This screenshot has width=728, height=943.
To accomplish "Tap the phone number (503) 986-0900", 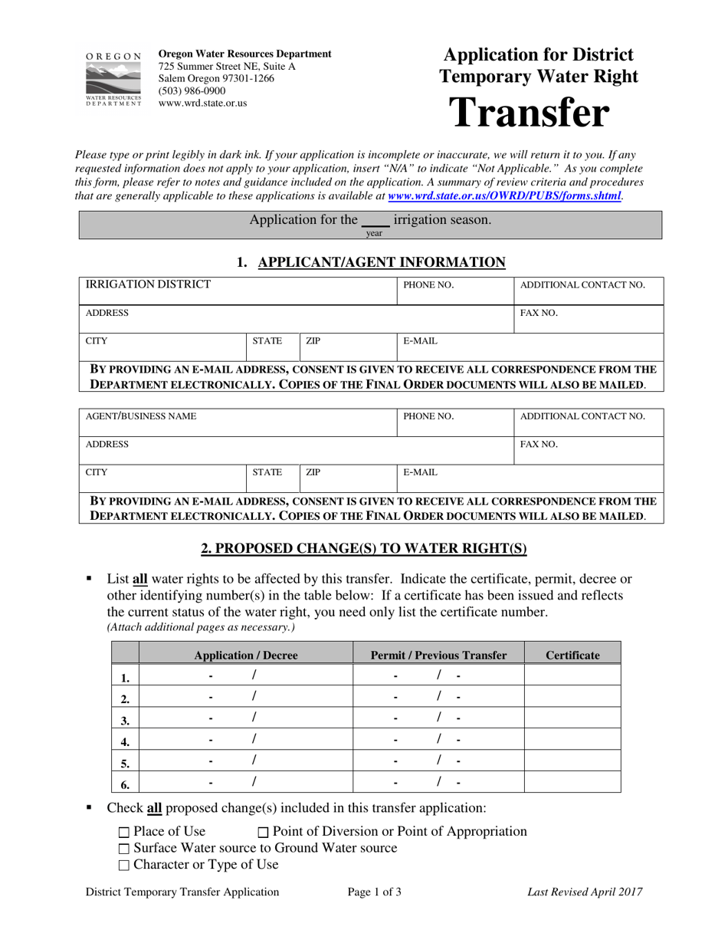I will pyautogui.click(x=192, y=90).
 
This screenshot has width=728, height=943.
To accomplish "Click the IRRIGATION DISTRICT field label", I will pyautogui.click(x=148, y=285).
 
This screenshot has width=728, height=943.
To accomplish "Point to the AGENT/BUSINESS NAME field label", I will pyautogui.click(x=140, y=416).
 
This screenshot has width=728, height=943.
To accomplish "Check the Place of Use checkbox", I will pyautogui.click(x=125, y=833).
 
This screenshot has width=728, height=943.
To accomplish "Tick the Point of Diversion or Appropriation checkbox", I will pyautogui.click(x=264, y=833).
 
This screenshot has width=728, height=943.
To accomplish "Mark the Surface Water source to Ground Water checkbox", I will pyautogui.click(x=125, y=849).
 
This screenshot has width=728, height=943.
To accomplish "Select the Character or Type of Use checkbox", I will pyautogui.click(x=125, y=866).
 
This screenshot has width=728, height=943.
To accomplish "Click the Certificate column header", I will pyautogui.click(x=572, y=655).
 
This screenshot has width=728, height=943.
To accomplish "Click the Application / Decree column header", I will pyautogui.click(x=245, y=655).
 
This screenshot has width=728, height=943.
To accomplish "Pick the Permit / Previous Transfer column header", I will pyautogui.click(x=438, y=655).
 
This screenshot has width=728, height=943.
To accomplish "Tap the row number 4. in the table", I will pyautogui.click(x=125, y=741).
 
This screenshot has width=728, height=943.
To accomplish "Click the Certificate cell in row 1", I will pyautogui.click(x=572, y=675).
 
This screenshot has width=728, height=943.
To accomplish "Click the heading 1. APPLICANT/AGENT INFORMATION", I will pyautogui.click(x=371, y=263).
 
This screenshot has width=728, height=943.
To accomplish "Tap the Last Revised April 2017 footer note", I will pyautogui.click(x=585, y=892).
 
